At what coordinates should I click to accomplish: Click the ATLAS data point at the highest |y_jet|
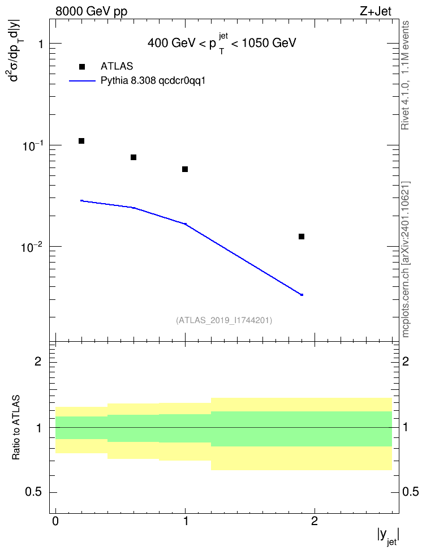[302, 237]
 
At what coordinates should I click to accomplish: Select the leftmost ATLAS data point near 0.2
[81, 141]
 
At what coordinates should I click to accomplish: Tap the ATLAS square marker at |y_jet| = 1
[185, 169]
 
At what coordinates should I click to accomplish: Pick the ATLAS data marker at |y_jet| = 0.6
[134, 157]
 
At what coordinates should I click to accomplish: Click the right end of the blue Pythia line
[302, 295]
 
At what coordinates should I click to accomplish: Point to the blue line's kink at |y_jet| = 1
[185, 224]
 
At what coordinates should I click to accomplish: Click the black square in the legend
[81, 67]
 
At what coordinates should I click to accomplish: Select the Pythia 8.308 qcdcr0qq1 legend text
[153, 81]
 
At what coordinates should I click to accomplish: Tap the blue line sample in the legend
[83, 81]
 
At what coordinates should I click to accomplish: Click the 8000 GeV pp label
[91, 11]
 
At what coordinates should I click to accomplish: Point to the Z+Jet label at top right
[375, 11]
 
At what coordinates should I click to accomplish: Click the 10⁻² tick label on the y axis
[32, 247]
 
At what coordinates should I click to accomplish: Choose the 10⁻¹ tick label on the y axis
[32, 145]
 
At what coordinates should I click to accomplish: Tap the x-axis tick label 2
[315, 521]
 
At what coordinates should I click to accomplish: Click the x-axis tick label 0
[55, 521]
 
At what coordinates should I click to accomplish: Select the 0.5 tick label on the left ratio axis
[33, 492]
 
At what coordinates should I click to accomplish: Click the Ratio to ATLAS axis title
[16, 428]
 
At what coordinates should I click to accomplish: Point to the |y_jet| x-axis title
[388, 536]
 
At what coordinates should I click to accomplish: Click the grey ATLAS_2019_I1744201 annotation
[224, 320]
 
